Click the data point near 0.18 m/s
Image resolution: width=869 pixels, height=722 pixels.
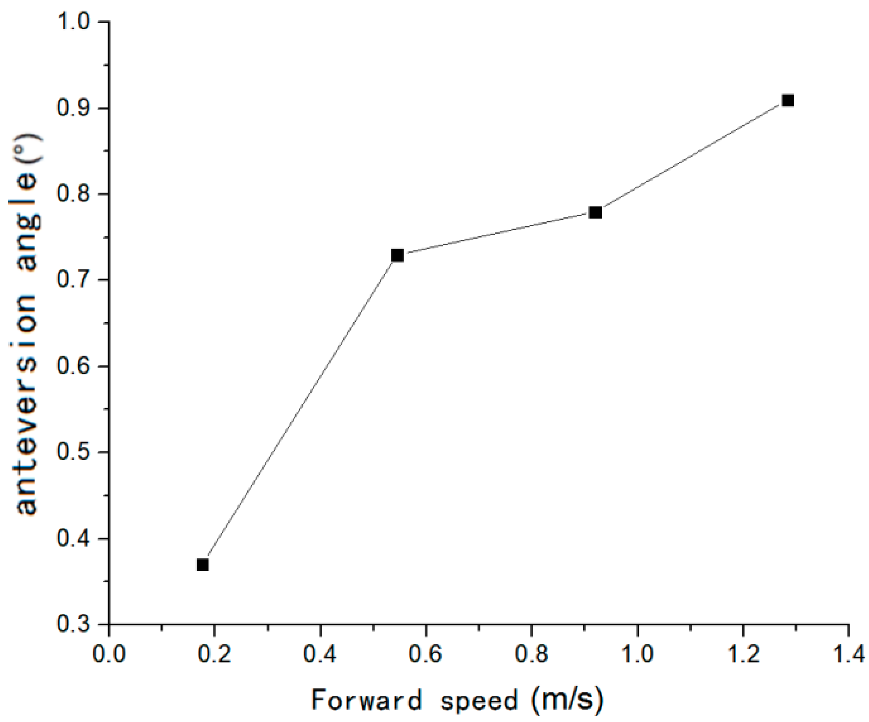[202, 565]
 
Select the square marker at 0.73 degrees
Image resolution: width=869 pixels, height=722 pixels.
[397, 256]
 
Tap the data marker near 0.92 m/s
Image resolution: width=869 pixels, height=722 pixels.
[595, 213]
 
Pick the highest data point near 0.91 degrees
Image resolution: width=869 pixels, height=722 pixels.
[787, 101]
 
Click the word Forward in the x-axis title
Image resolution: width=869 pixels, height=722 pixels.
[367, 700]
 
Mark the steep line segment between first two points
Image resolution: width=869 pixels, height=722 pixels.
[300, 410]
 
